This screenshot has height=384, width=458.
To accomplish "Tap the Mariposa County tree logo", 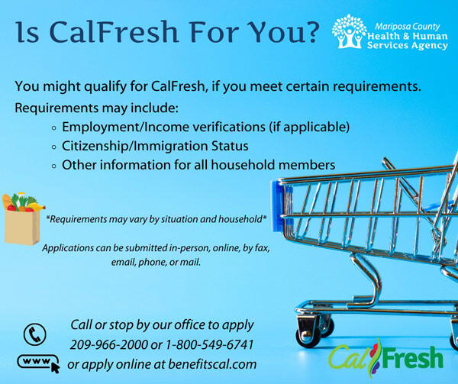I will click(x=348, y=31).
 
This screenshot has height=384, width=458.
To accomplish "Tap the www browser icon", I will click(x=37, y=361).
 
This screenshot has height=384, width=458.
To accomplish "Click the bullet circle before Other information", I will click(x=54, y=166).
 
